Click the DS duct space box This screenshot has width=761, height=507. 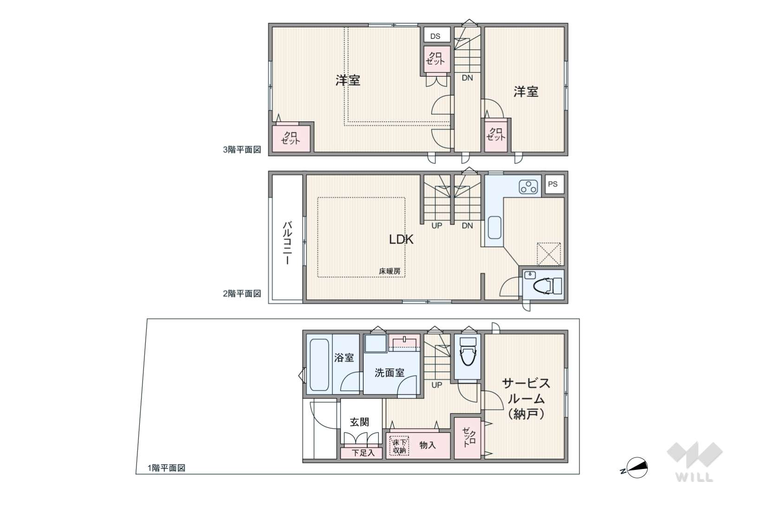point(437,35)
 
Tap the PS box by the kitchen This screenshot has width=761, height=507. point(554,184)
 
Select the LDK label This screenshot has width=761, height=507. point(401,240)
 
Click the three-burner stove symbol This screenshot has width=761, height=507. point(528,186)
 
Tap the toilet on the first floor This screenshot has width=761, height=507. point(468,351)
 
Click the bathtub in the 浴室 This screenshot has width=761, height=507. point(319,365)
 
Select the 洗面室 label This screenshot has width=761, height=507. point(390,372)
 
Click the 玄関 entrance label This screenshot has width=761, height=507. point(359,422)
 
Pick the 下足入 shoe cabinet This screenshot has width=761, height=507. point(362,452)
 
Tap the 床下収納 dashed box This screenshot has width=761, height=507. point(399,446)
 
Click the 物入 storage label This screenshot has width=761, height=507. point(427,445)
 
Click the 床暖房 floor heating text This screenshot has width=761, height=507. point(390,271)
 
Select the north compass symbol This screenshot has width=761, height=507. point(635,468)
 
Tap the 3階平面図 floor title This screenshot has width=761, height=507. point(242,150)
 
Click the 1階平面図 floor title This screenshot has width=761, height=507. point(167,468)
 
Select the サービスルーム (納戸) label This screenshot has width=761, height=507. point(526,399)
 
